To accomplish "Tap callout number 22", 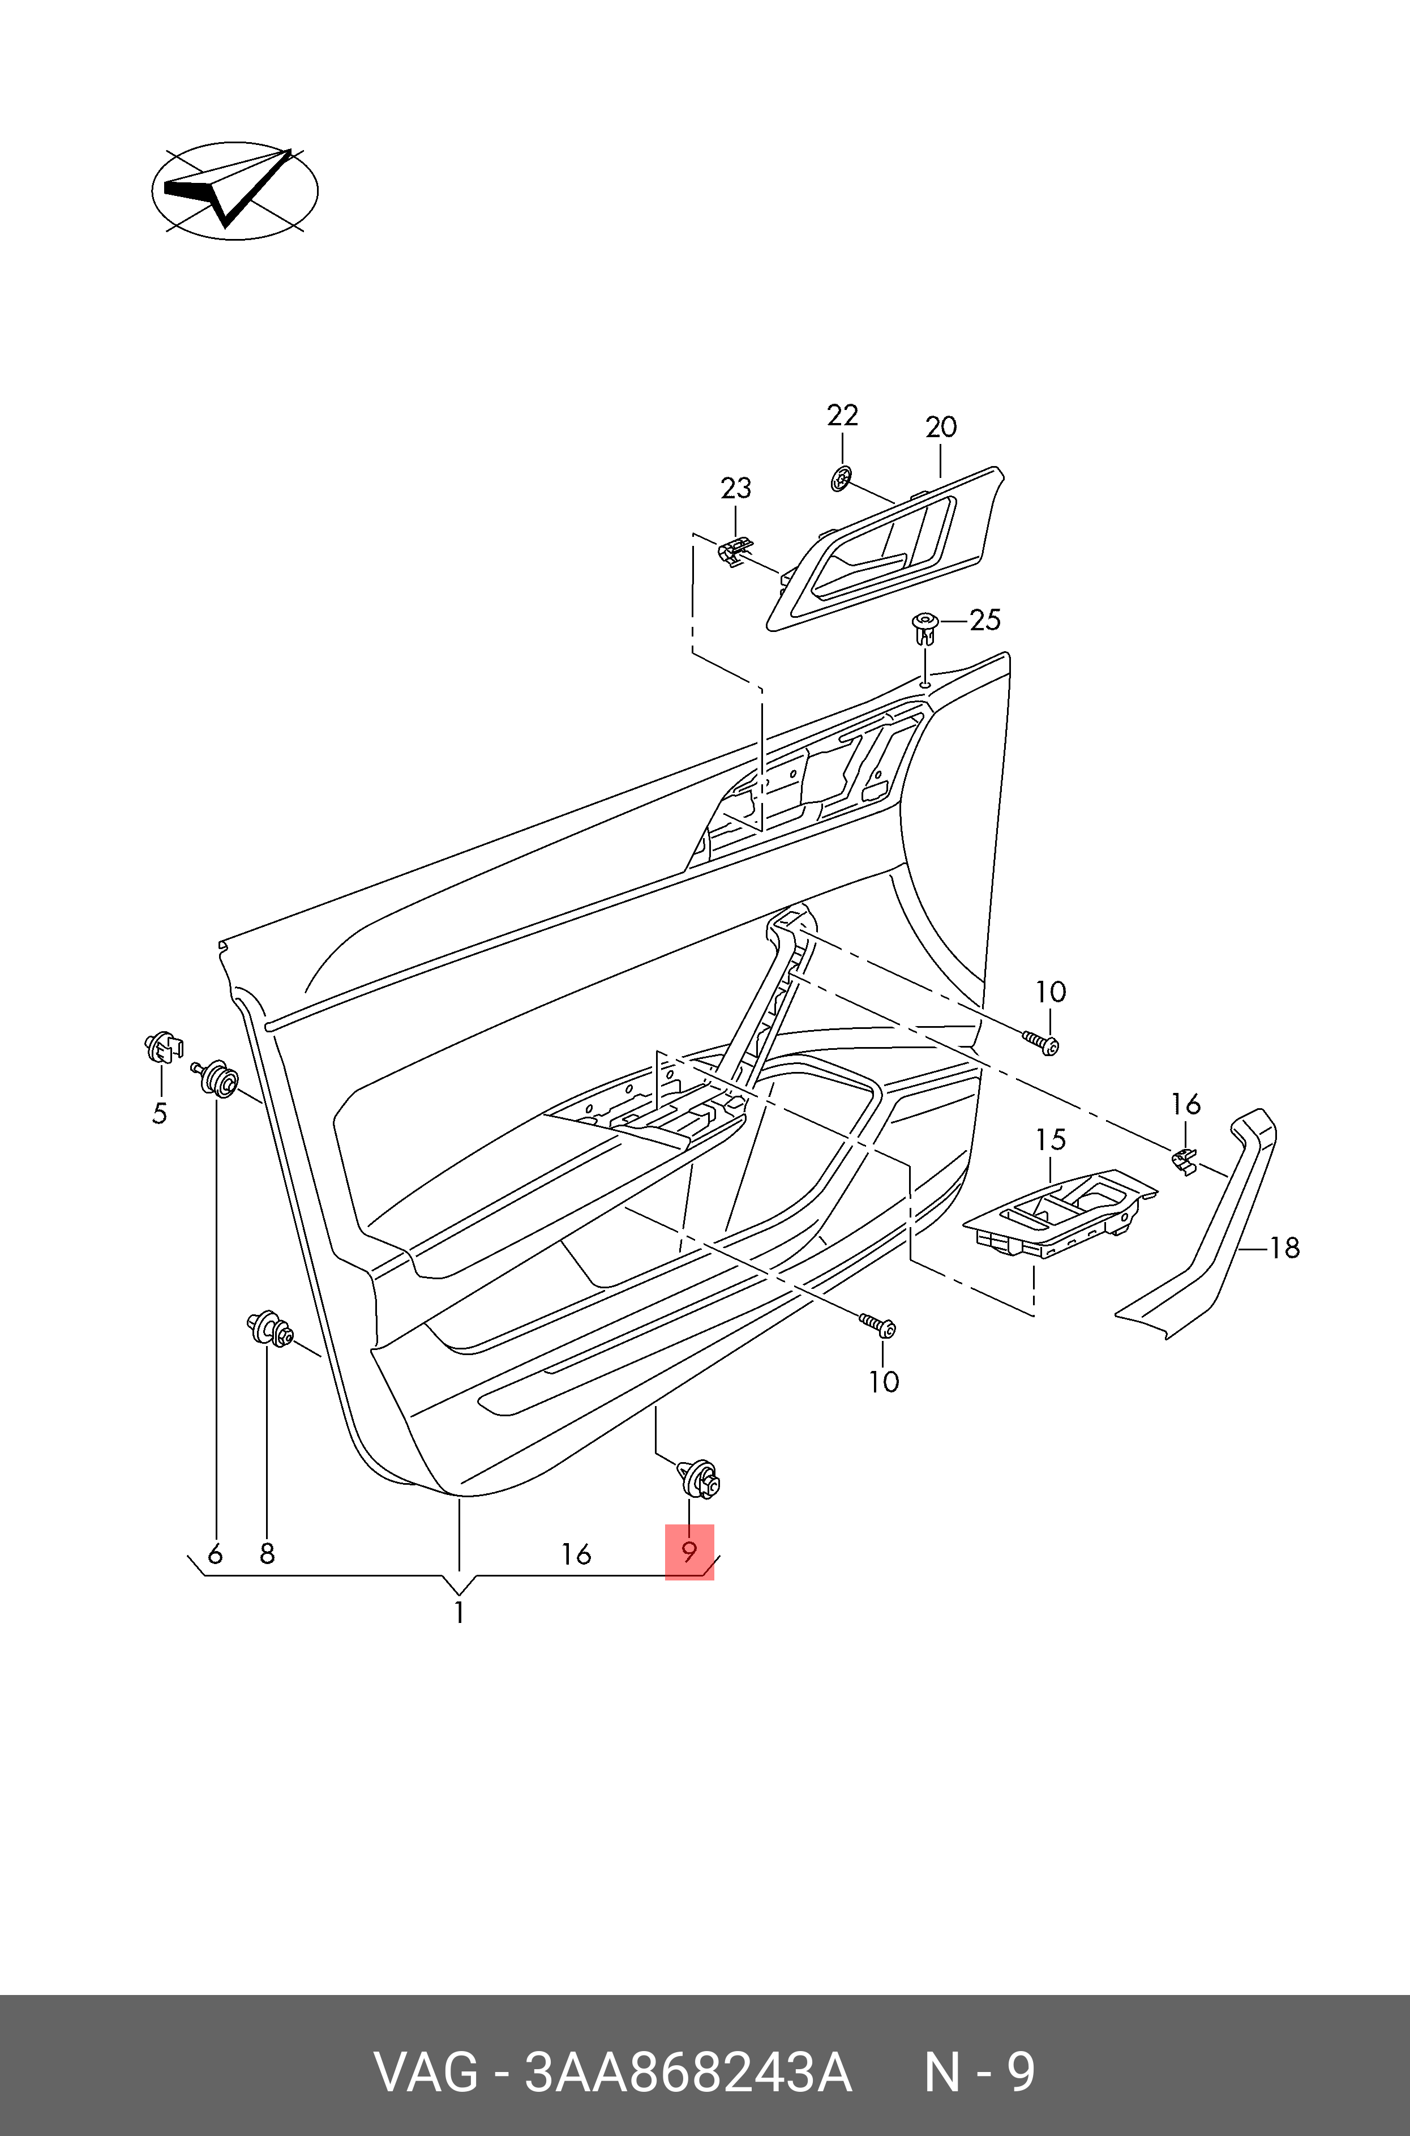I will [x=843, y=416].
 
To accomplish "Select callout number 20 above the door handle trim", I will [x=941, y=427].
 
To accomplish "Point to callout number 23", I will [x=736, y=488].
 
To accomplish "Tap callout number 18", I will [x=1285, y=1248].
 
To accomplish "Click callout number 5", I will [x=159, y=1113].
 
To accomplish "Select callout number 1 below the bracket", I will [x=458, y=1613].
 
